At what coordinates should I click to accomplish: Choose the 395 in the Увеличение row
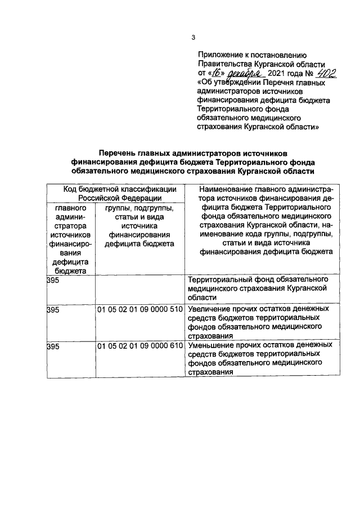pos(52,310)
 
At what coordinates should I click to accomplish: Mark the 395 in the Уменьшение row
pos(52,345)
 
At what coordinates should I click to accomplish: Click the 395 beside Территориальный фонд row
pos(52,280)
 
